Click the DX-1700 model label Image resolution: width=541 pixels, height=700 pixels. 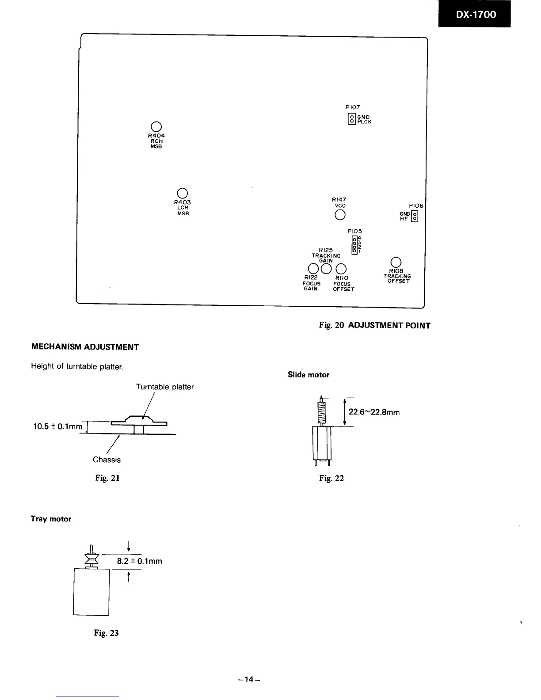pos(475,14)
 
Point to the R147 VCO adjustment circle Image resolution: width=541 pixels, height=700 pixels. pos(339,215)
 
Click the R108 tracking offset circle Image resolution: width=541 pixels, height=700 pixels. pos(396,262)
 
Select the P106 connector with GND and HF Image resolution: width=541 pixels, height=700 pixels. pos(414,216)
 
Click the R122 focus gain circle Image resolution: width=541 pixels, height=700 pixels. pos(313,268)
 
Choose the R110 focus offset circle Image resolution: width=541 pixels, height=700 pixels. pos(341,269)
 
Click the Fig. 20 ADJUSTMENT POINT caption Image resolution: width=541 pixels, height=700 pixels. pos(374,326)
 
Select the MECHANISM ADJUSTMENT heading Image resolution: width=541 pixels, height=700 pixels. pos(85,347)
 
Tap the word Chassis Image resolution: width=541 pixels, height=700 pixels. pos(107,460)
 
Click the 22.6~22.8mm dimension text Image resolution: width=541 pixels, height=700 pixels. pos(374,412)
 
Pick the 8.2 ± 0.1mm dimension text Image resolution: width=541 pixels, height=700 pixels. pos(139,561)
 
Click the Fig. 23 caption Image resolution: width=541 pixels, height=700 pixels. pos(107,633)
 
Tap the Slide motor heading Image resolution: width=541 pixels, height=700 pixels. pos(309,375)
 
